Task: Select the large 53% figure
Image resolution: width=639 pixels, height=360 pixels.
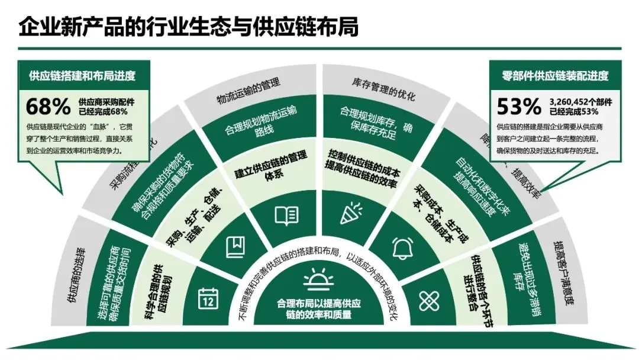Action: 519,107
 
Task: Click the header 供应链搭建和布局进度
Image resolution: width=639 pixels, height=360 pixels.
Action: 82,76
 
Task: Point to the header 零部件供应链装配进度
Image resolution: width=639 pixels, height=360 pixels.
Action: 555,76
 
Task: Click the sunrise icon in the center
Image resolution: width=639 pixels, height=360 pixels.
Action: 319,278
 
